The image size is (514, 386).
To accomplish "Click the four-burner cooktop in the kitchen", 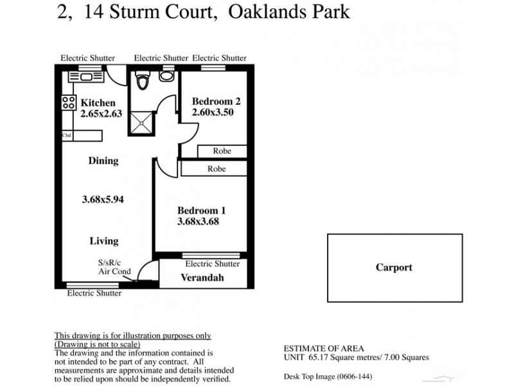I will click(x=69, y=102).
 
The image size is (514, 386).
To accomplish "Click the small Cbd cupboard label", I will click(x=66, y=136).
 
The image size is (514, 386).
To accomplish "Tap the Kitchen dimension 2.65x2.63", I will click(x=101, y=114).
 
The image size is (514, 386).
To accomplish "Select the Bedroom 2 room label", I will click(x=217, y=101).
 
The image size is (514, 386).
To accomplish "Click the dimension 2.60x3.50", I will click(x=212, y=112).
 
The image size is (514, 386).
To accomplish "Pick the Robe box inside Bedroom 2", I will click(x=222, y=151).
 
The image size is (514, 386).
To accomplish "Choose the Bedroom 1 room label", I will click(x=202, y=210).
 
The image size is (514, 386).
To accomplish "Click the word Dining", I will click(x=103, y=161).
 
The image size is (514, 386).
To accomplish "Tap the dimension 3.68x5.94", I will click(x=103, y=199).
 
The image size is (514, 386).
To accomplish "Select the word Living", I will click(x=103, y=241).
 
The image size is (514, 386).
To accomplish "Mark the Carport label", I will click(x=394, y=268).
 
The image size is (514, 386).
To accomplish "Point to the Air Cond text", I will click(x=114, y=271).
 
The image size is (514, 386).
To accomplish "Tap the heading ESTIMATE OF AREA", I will click(x=316, y=348).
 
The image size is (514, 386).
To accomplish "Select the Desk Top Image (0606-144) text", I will click(x=328, y=376).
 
